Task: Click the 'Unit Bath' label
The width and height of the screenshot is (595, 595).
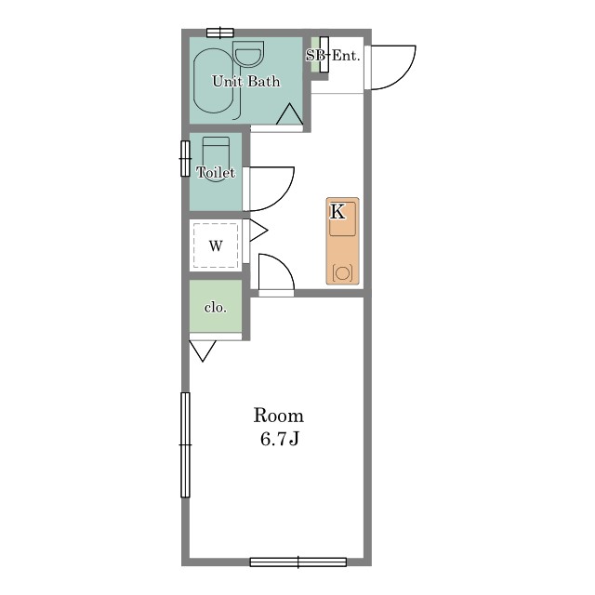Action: click(245, 81)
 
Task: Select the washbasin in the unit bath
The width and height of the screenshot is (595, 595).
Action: click(248, 54)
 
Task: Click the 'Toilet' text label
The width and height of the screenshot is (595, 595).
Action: click(216, 173)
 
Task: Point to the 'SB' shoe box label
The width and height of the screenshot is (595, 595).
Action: click(315, 56)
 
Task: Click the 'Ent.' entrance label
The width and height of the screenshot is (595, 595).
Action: click(346, 56)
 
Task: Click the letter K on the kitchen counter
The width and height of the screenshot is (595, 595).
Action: click(337, 212)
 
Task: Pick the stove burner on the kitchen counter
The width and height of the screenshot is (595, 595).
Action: click(342, 272)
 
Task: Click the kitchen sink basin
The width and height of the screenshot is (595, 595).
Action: click(342, 219)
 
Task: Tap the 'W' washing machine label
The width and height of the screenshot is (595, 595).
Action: click(216, 245)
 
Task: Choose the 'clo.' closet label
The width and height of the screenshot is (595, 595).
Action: click(216, 307)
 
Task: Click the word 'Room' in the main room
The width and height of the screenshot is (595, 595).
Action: click(279, 416)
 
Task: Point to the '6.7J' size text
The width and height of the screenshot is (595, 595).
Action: click(280, 439)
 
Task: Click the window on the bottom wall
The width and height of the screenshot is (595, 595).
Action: click(298, 562)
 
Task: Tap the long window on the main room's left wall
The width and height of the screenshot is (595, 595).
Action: click(185, 444)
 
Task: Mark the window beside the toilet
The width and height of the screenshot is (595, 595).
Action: click(185, 158)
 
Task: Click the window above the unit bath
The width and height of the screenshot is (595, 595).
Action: click(220, 33)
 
